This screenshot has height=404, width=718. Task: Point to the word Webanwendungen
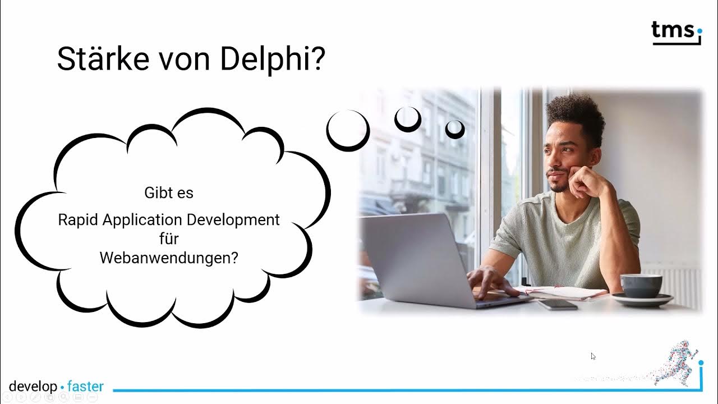(169, 258)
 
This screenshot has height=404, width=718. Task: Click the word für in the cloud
(169, 238)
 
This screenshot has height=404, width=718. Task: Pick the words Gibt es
(169, 192)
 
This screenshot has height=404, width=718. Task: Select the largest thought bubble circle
(348, 130)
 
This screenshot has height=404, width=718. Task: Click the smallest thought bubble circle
(455, 129)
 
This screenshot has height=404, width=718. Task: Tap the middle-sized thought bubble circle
(408, 118)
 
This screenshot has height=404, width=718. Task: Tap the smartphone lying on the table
(557, 304)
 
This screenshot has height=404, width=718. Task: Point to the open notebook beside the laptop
(567, 292)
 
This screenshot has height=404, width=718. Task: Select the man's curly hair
(575, 112)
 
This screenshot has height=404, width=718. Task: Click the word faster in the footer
(85, 387)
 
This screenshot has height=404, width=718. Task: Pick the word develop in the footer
(33, 387)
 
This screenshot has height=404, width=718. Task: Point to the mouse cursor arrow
(593, 356)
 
